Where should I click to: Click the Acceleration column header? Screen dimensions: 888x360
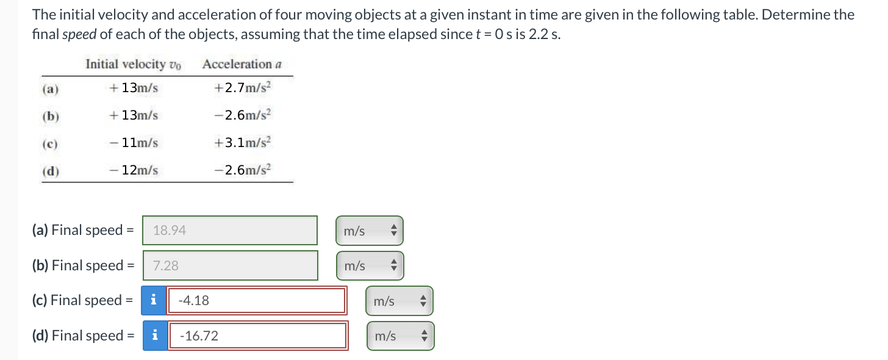tap(242, 64)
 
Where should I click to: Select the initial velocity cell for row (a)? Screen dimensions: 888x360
tap(134, 88)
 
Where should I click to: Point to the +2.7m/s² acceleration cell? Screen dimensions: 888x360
tap(242, 88)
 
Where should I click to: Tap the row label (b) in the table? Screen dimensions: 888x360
tap(51, 116)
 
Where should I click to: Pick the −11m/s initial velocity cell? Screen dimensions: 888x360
tap(135, 143)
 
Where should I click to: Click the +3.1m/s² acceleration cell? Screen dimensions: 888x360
tap(242, 143)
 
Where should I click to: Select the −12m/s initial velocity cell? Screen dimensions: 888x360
tap(135, 170)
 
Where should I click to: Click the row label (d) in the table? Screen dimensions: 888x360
tap(51, 171)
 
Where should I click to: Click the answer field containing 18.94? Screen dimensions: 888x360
tap(231, 230)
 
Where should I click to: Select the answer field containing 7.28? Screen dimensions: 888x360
tap(231, 265)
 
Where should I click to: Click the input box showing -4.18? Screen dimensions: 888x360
tap(256, 301)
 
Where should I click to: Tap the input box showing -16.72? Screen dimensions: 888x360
tap(257, 336)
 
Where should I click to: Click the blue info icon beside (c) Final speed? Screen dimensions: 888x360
tap(154, 301)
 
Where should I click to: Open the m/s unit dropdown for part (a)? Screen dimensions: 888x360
tap(370, 231)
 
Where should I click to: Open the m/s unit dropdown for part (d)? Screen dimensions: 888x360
tap(400, 336)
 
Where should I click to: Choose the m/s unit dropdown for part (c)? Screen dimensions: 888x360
tap(399, 301)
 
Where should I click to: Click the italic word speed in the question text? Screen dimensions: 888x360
tap(79, 34)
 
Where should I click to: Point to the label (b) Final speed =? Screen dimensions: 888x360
tap(82, 265)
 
